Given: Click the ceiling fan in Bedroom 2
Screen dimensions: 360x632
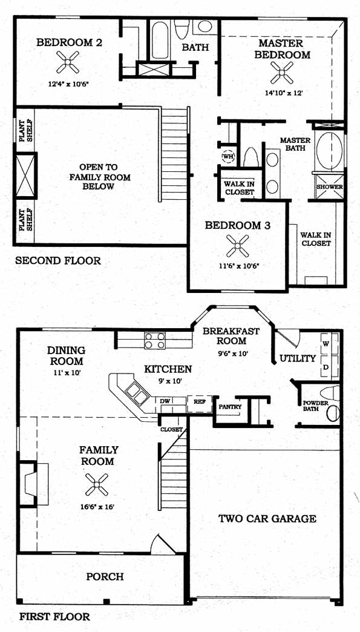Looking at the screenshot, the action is pos(68,62).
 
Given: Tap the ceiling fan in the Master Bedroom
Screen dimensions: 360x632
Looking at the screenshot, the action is pos(282,73).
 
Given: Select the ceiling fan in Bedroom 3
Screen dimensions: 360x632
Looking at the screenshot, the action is pos(238,246).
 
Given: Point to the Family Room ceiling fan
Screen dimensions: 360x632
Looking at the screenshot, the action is pos(97,484).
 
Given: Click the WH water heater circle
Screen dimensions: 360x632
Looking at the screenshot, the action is pos(228,156).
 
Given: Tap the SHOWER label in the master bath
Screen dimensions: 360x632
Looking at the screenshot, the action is pos(329,187).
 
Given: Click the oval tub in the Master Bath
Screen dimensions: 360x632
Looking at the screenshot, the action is pos(329,150).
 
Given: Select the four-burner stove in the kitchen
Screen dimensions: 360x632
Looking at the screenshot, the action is pos(155,340).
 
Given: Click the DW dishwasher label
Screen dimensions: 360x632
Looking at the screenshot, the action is pos(165,401).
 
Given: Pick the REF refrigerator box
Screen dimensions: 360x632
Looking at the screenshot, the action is pos(200,404).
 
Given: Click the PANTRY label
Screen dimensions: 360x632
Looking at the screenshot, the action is pos(230,407).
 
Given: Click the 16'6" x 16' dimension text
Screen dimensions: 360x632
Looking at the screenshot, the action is pos(97,507).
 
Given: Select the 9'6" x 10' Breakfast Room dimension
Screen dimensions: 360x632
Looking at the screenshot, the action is pos(231,354).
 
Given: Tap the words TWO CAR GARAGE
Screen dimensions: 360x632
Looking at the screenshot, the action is pos(267,519).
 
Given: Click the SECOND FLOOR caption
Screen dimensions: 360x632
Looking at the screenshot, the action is pos(58,261).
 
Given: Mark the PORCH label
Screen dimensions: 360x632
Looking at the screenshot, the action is pos(105,577).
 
